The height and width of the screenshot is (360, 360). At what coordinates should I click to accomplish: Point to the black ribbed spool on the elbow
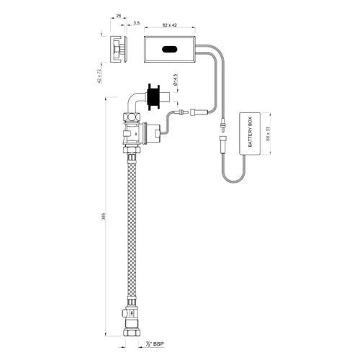(153, 96)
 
